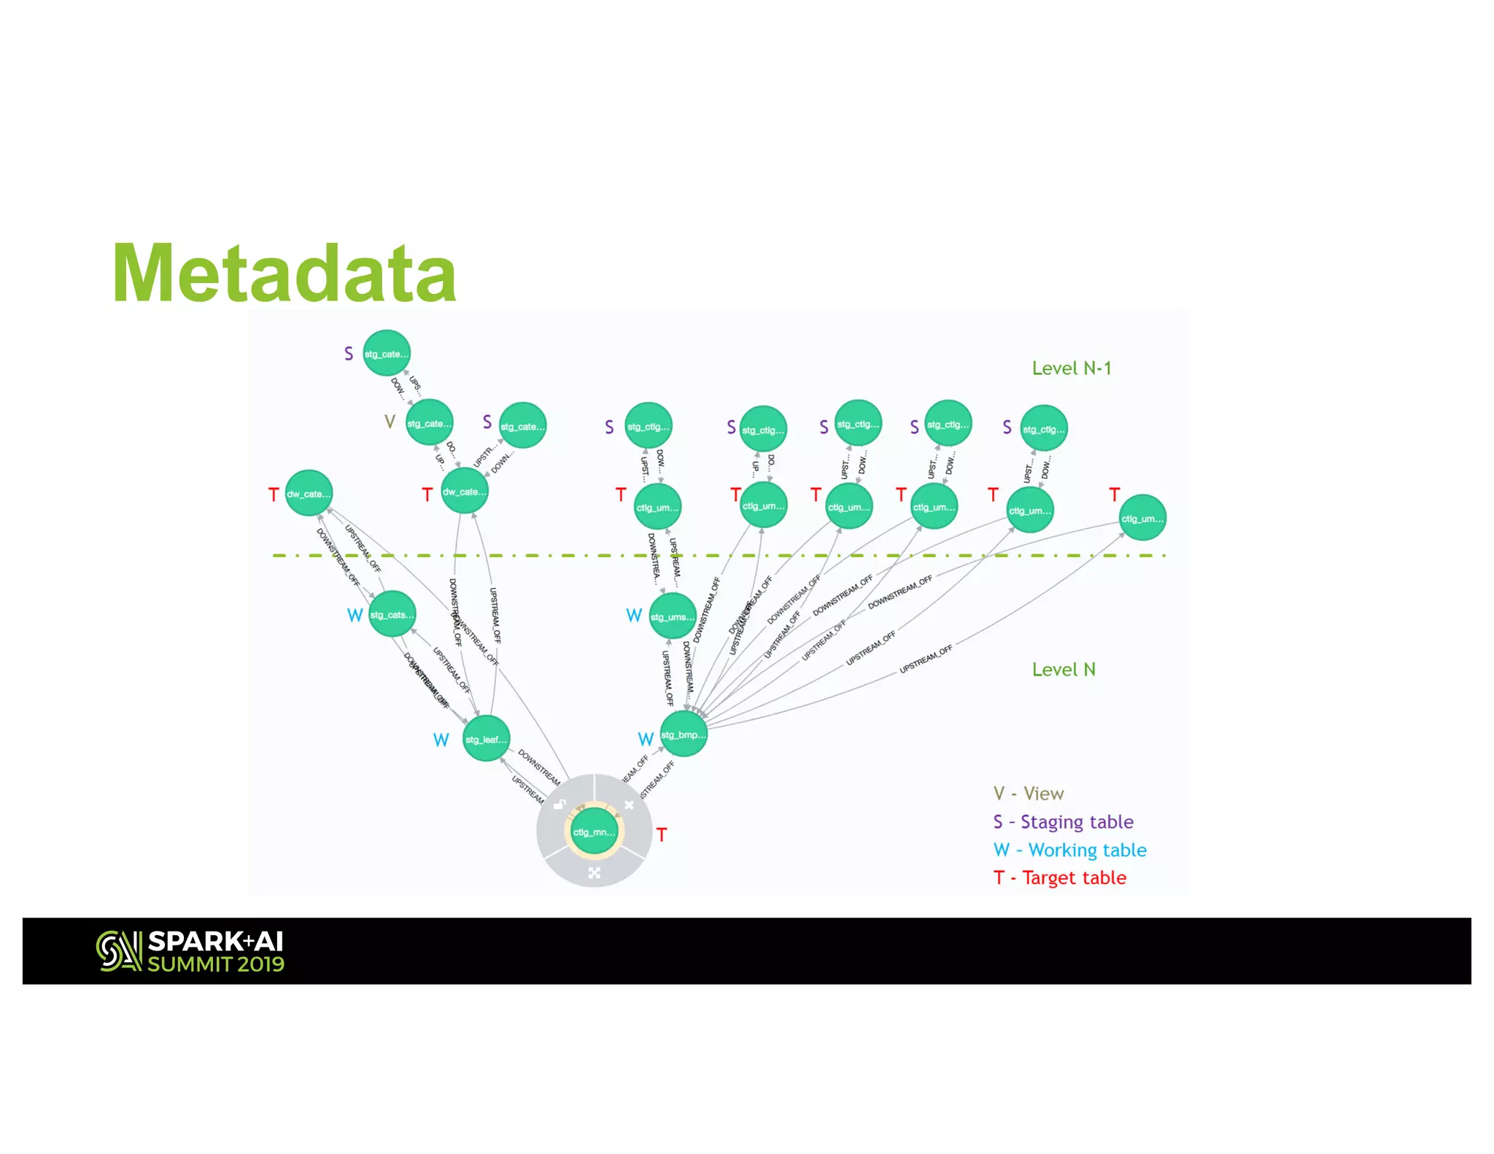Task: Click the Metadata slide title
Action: [285, 274]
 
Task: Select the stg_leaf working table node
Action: [486, 739]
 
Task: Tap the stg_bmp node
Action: [684, 735]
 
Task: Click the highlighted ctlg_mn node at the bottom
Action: [594, 832]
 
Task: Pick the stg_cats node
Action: [392, 614]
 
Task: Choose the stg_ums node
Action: [673, 617]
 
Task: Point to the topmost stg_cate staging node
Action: [387, 354]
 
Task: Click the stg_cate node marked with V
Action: [430, 423]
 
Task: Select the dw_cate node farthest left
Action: [309, 493]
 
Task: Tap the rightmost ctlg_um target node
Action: [1142, 518]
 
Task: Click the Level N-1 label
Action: [1071, 368]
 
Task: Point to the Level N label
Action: [1064, 670]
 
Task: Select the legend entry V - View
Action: [1029, 794]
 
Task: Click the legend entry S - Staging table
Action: [1063, 822]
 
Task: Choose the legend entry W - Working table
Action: [1069, 851]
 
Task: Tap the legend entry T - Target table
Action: [1059, 878]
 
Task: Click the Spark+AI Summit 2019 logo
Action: [190, 951]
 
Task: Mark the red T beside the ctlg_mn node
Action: [662, 835]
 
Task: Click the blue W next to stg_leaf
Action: [441, 740]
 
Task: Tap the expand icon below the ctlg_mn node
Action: [595, 872]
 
